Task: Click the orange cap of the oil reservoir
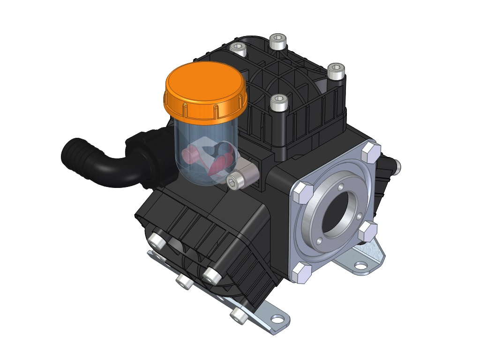point(205,90)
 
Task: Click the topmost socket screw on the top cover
point(277,42)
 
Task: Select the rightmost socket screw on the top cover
point(336,71)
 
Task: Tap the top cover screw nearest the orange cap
point(238,49)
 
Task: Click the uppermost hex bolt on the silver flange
point(370,152)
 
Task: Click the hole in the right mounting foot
point(360,265)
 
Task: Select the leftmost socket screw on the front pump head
point(156,241)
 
